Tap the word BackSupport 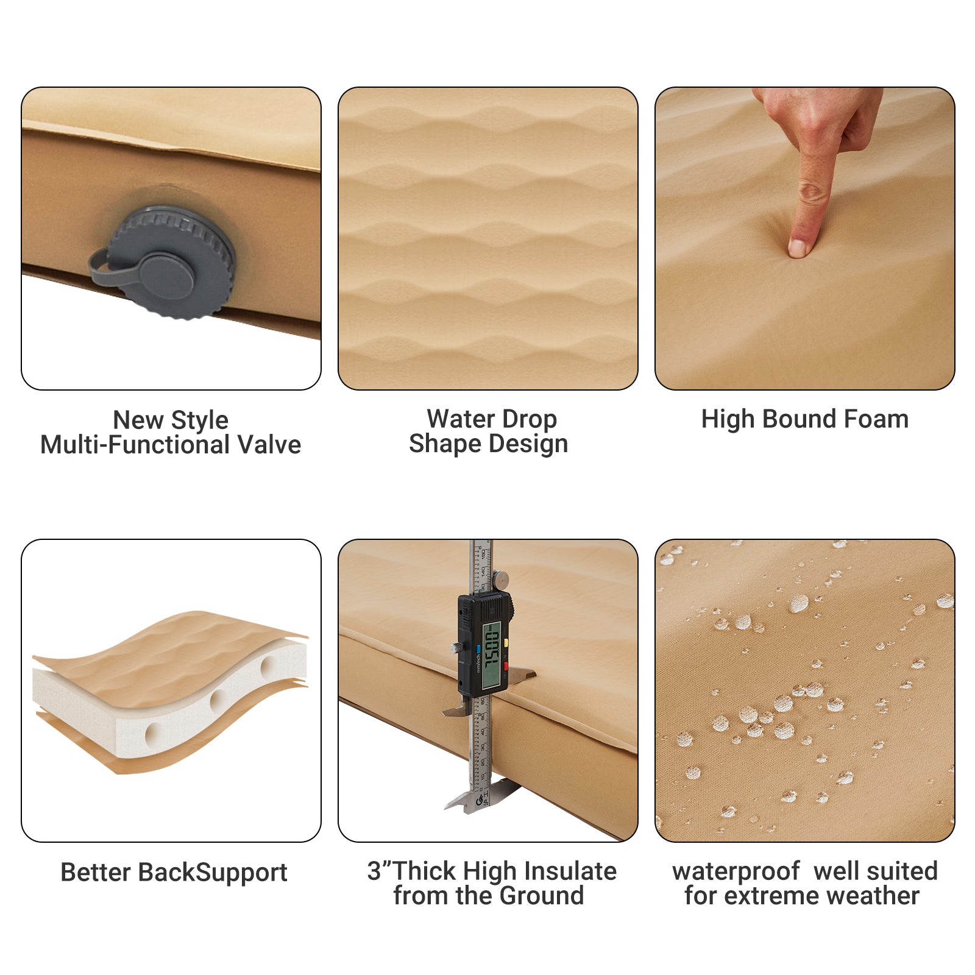213,873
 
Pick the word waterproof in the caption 736,871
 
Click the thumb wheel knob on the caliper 502,580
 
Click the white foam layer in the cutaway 122,725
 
